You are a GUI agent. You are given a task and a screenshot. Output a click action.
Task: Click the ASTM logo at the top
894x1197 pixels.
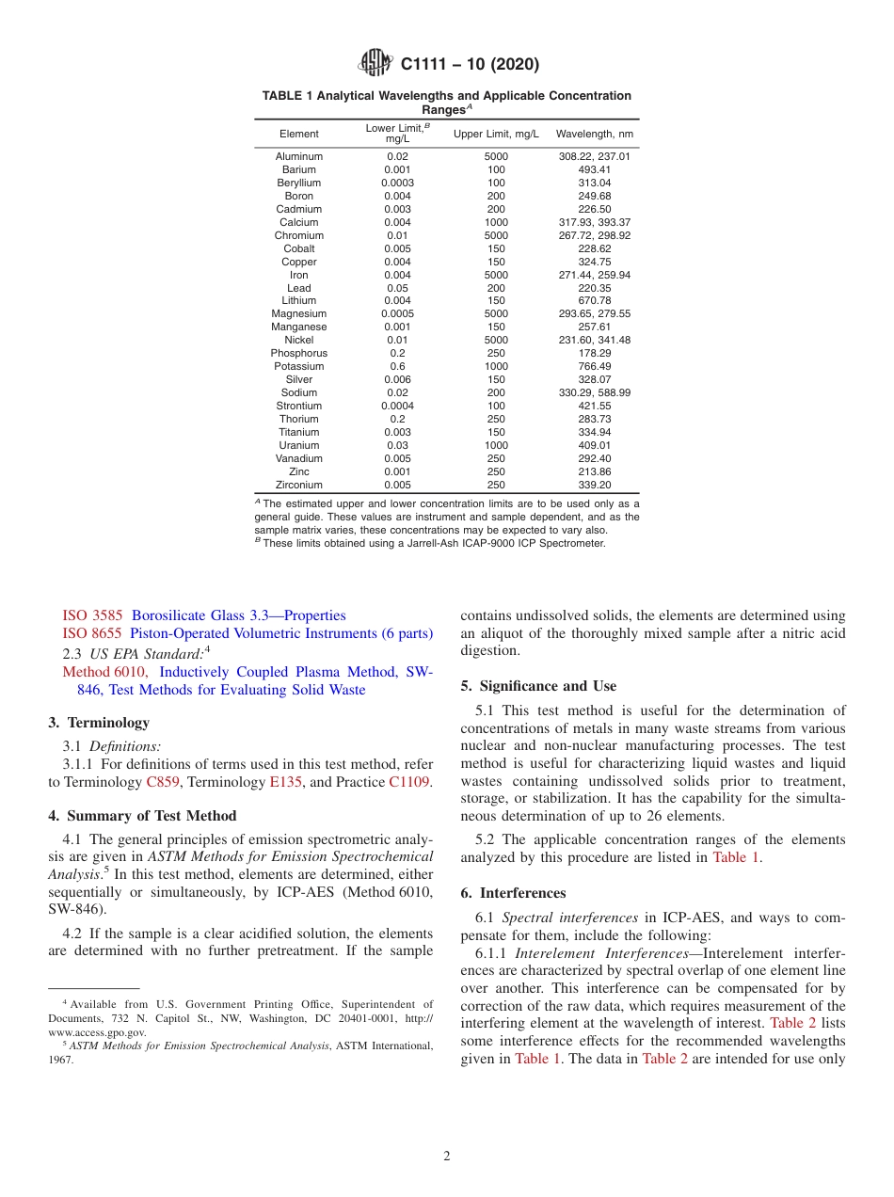pyautogui.click(x=377, y=64)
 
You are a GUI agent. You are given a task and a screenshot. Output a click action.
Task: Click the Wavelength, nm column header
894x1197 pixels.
pyautogui.click(x=594, y=134)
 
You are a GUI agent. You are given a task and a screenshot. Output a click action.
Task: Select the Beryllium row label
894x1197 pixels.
pyautogui.click(x=298, y=183)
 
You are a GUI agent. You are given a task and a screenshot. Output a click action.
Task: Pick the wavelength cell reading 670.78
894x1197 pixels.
pyautogui.click(x=594, y=301)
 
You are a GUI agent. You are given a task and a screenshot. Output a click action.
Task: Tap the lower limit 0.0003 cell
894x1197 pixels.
pyautogui.click(x=397, y=183)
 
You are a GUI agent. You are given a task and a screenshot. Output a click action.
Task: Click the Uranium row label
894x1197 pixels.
pyautogui.click(x=298, y=445)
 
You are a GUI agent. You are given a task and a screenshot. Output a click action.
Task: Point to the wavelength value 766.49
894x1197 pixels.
pyautogui.click(x=594, y=366)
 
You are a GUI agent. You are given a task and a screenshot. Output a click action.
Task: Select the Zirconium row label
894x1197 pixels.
pyautogui.click(x=298, y=485)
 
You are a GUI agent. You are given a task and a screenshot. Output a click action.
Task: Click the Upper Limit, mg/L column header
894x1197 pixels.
pyautogui.click(x=496, y=134)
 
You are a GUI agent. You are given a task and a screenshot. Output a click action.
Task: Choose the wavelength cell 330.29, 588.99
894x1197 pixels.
pyautogui.click(x=594, y=392)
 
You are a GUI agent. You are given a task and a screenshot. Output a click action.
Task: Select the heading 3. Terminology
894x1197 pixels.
pyautogui.click(x=99, y=723)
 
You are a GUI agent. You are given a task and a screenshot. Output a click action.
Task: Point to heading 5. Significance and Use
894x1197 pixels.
pyautogui.click(x=538, y=686)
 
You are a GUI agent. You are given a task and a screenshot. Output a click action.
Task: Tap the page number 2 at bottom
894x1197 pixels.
pyautogui.click(x=447, y=1157)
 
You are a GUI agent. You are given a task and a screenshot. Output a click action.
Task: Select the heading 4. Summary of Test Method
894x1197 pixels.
pyautogui.click(x=142, y=816)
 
